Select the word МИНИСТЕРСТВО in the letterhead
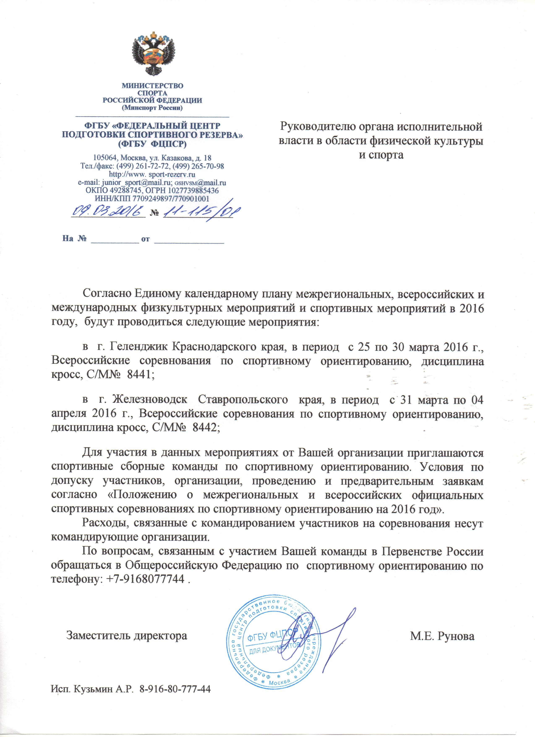tap(152, 86)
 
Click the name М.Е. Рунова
tap(442, 636)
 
